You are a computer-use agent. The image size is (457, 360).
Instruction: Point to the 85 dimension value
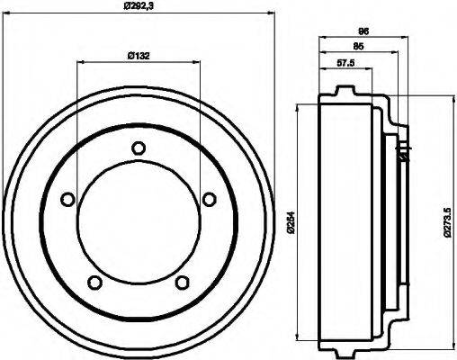(x=358, y=46)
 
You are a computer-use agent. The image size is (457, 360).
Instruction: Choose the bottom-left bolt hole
(x=94, y=283)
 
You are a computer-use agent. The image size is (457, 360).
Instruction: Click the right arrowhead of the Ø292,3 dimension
(x=269, y=13)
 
